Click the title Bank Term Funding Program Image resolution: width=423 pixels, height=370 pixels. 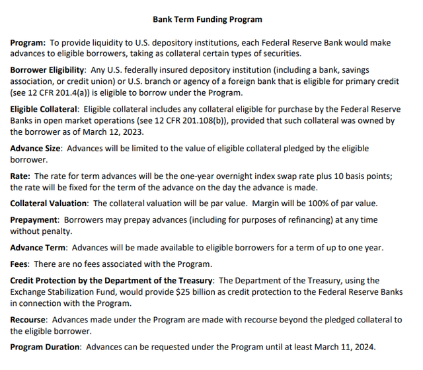coord(207,20)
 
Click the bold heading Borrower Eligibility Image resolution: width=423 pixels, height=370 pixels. coord(47,69)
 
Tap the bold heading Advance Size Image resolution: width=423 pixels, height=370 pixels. coord(36,149)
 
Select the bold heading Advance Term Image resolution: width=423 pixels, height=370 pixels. coord(38,248)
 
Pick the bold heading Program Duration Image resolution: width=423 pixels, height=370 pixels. coord(45,347)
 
